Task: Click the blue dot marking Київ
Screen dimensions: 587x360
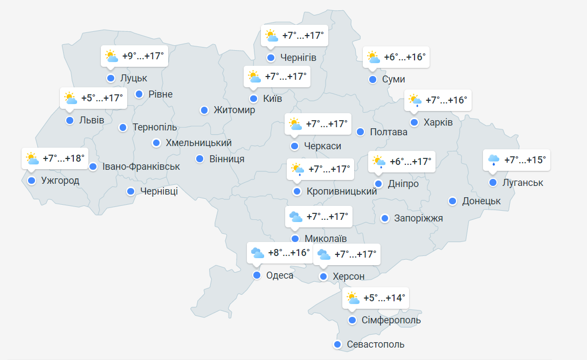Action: [253, 99]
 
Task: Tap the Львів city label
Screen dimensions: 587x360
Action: [92, 120]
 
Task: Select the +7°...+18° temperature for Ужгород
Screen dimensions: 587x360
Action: [64, 159]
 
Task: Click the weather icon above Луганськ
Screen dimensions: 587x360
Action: [494, 160]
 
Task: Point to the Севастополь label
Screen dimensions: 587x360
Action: [376, 344]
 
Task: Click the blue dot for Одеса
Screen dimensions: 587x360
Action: [257, 275]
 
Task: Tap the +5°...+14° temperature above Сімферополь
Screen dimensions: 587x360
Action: [384, 298]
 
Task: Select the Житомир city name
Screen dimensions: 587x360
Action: [234, 110]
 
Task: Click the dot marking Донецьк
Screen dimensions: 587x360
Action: [453, 201]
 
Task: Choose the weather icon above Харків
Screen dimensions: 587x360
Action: [415, 101]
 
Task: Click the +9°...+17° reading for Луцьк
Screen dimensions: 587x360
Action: [142, 56]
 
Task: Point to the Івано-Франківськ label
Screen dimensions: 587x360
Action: [141, 167]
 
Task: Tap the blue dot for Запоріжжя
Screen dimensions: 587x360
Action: [385, 218]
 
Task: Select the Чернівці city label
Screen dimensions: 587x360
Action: [159, 191]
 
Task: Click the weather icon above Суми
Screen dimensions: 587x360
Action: [373, 57]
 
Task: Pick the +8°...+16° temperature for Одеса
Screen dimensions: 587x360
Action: [289, 253]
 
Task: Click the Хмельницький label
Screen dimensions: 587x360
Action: [199, 143]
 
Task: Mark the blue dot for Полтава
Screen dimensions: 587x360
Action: [360, 132]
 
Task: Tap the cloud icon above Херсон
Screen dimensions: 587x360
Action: [324, 254]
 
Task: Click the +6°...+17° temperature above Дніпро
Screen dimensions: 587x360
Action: [410, 161]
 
